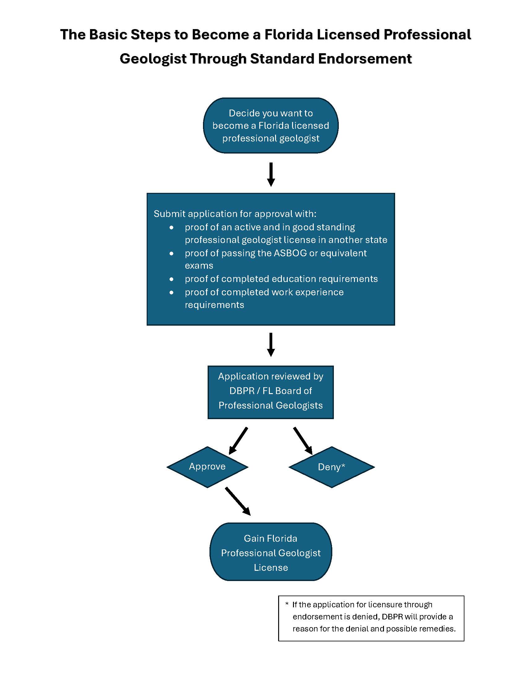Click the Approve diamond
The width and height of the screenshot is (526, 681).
pos(207,467)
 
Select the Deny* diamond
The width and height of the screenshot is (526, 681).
pos(332,467)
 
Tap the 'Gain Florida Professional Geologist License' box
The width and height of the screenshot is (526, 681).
pos(270,553)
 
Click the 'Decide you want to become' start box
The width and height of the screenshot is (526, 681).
pos(270,125)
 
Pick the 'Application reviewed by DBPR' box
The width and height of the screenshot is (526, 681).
pos(270,392)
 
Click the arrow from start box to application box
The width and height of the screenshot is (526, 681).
pos(271,174)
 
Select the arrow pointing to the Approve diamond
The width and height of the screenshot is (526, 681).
pos(238,440)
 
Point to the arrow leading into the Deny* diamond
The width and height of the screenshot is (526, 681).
pos(303,440)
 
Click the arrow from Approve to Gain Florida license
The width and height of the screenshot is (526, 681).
pos(238,501)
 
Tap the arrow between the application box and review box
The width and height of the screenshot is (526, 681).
pos(271,344)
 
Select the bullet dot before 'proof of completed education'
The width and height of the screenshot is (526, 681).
pos(171,279)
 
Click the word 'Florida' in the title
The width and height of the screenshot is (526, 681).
pos(288,34)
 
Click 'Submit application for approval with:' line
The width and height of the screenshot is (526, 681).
pos(235,214)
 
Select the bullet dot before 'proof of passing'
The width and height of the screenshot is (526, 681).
pos(171,254)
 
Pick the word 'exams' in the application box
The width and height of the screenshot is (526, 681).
pos(199,266)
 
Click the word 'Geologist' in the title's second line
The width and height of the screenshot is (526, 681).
pos(153,59)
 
